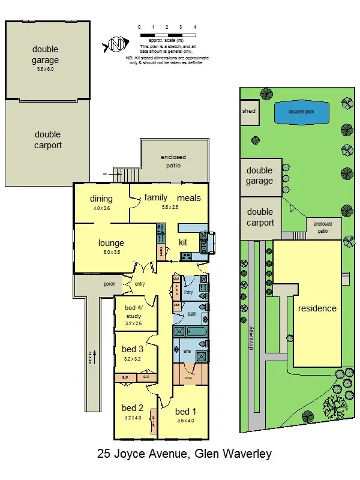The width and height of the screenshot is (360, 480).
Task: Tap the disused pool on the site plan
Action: [301, 111]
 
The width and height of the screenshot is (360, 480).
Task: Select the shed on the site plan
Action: [248, 112]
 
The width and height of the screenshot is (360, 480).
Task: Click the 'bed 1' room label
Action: [185, 412]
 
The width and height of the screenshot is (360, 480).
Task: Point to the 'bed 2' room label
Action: [132, 407]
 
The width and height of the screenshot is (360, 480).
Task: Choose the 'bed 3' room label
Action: [132, 349]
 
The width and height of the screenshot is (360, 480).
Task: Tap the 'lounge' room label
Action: [111, 243]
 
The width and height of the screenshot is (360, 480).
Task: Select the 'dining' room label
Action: [101, 199]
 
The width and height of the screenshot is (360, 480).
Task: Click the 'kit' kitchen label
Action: [184, 242]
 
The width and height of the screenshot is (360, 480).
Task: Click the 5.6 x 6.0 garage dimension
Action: [46, 69]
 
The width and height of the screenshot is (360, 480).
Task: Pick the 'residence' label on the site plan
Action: [317, 308]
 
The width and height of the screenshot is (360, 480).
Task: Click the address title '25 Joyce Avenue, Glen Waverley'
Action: [180, 454]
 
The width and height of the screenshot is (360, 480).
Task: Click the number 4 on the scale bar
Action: [195, 28]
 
